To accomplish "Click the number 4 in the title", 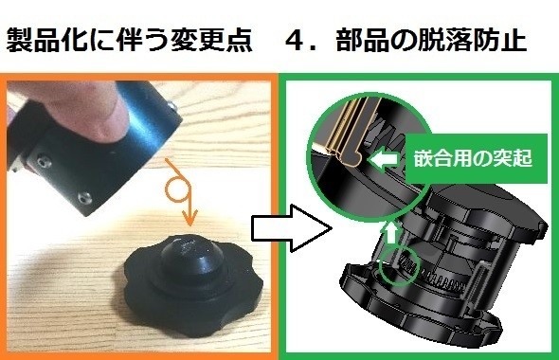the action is (x=298, y=40).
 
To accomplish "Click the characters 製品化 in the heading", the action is (x=47, y=40).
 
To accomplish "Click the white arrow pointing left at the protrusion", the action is (x=384, y=158).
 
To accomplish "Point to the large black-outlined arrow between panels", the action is (x=292, y=228).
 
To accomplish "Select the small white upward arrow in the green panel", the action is (x=391, y=232).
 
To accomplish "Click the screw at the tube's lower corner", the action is (x=85, y=198).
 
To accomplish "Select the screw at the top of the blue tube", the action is (x=171, y=106).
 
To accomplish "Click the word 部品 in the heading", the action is (x=362, y=40).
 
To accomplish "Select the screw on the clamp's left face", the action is (x=43, y=162).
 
